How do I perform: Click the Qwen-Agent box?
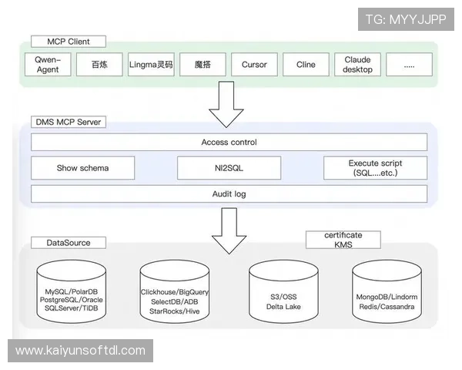pyautogui.click(x=53, y=65)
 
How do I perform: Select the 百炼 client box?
pyautogui.click(x=100, y=65)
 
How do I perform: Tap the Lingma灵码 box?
pyautogui.click(x=151, y=65)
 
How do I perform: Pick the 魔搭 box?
pyautogui.click(x=202, y=65)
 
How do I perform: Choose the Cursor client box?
pyautogui.click(x=254, y=65)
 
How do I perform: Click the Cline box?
pyautogui.click(x=306, y=65)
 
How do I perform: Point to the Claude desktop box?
pyautogui.click(x=358, y=65)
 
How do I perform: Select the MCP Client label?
pyautogui.click(x=67, y=41)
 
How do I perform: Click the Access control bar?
pyautogui.click(x=229, y=143)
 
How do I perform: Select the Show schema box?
pyautogui.click(x=82, y=168)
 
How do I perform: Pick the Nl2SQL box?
pyautogui.click(x=228, y=168)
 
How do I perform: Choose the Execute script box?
pyautogui.click(x=375, y=168)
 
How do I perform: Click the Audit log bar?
pyautogui.click(x=229, y=193)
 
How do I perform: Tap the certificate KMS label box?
pyautogui.click(x=343, y=240)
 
